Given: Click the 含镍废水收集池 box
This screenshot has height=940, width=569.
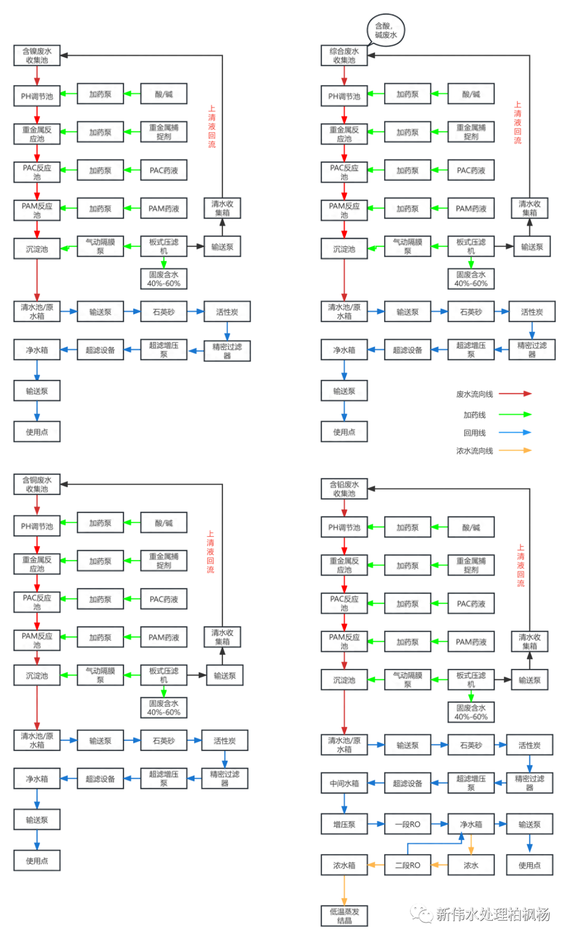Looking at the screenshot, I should [x=37, y=56].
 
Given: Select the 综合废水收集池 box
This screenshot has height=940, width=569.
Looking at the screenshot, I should [x=344, y=56].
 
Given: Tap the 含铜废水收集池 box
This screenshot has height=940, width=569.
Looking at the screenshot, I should [x=37, y=484].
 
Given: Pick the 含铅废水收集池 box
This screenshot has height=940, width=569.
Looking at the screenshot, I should [x=344, y=489].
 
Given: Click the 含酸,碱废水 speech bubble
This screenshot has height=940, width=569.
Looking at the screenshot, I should [x=386, y=30].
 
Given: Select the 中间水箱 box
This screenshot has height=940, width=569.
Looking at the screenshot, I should [x=344, y=783].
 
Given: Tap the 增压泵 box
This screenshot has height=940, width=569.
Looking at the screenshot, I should [x=344, y=824].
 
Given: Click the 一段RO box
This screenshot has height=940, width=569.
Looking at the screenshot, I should [x=407, y=824].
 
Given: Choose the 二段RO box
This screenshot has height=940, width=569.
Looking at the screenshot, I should [x=407, y=865].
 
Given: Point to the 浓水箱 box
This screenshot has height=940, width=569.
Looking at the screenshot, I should [x=344, y=865].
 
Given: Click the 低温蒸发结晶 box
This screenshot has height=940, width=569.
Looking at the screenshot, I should [x=344, y=916].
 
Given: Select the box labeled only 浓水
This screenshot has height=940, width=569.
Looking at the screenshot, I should [x=470, y=865].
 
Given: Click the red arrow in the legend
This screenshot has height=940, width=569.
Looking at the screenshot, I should [x=515, y=393].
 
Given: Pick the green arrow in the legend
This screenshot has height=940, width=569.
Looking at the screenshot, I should [x=515, y=415].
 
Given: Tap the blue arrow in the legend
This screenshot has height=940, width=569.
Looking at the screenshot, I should [x=515, y=433].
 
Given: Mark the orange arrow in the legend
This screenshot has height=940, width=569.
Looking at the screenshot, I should [x=515, y=450].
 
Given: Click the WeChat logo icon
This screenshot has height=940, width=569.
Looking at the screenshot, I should [x=421, y=913].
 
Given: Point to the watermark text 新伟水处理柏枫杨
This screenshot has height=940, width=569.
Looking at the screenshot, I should [x=493, y=914].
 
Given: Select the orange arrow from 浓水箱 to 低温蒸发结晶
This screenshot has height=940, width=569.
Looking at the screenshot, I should [x=344, y=890].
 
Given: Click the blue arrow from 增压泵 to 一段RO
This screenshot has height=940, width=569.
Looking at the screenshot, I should [x=376, y=824].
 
